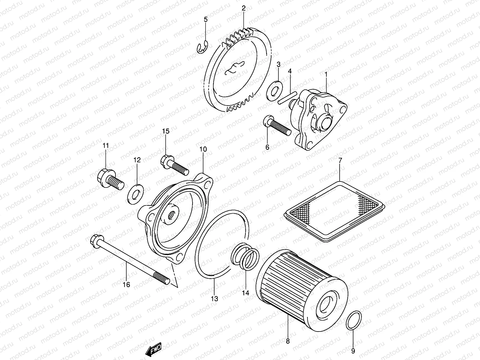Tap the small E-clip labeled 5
click(x=202, y=48)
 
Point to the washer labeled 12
click(x=136, y=192)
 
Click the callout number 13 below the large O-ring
click(x=214, y=298)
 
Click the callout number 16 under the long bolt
click(x=126, y=284)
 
